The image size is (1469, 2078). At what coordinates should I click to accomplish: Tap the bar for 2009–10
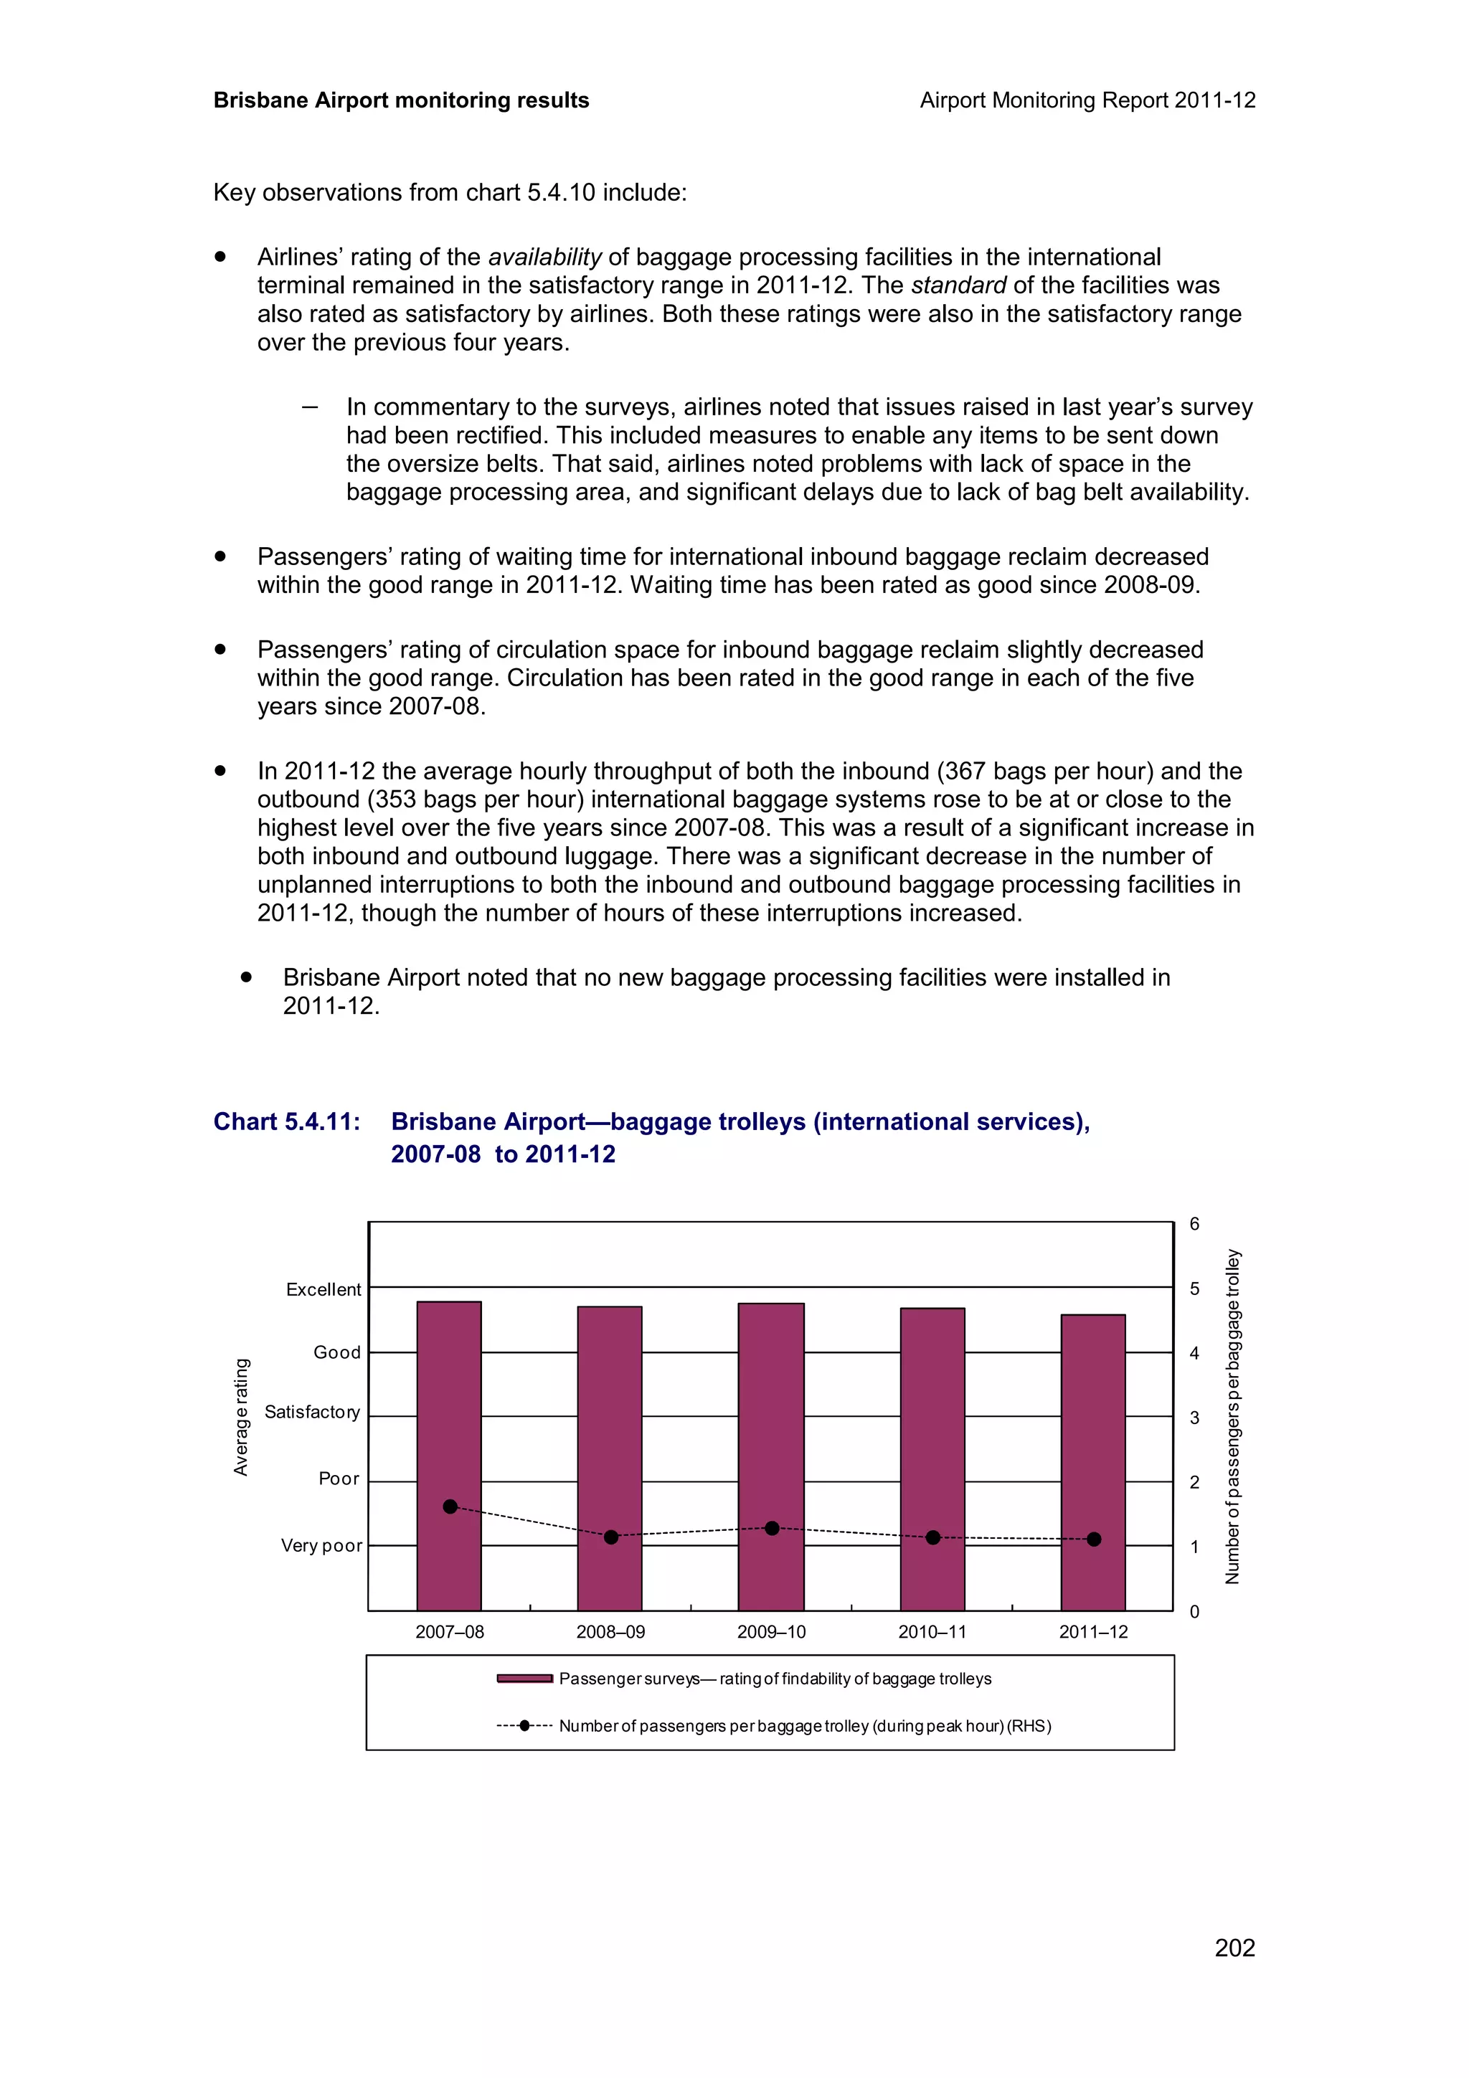tap(771, 1456)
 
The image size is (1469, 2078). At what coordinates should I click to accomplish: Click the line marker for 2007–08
tap(450, 1507)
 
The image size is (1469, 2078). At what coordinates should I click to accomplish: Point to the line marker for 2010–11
tap(933, 1537)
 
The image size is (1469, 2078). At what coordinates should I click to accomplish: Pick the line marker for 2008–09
tap(611, 1537)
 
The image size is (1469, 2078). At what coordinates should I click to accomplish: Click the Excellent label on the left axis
tap(323, 1290)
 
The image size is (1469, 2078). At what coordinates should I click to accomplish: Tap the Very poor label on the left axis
tap(321, 1546)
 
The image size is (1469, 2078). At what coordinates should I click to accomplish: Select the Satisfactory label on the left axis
tap(312, 1412)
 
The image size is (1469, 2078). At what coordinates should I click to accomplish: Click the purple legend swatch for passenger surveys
tap(525, 1679)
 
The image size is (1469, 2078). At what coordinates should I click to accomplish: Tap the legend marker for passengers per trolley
tap(524, 1726)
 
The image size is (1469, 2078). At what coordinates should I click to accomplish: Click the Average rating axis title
tap(241, 1418)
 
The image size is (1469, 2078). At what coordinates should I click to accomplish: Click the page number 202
tap(1234, 1947)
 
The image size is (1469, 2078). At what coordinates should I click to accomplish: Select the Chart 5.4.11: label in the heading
tap(287, 1122)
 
